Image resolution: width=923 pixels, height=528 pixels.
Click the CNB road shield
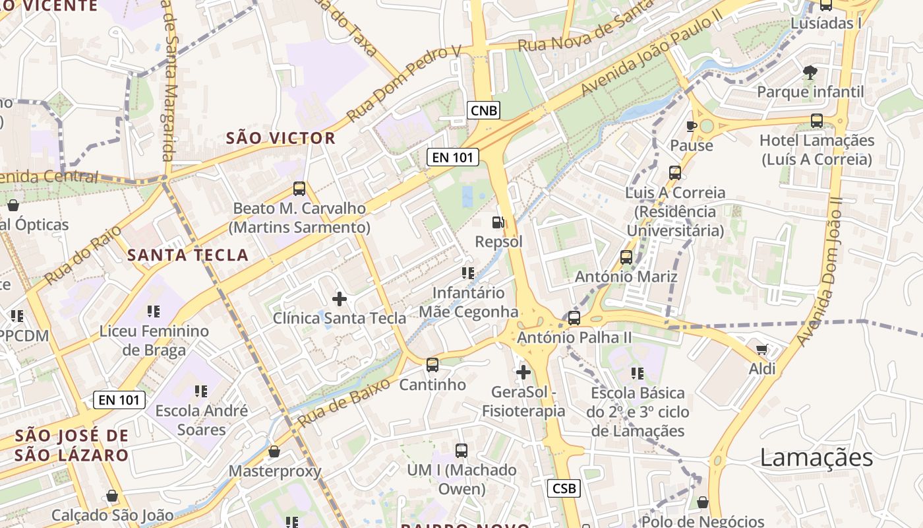(483, 110)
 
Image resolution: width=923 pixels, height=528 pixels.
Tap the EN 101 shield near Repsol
(452, 157)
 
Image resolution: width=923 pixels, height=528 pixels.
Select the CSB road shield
(564, 488)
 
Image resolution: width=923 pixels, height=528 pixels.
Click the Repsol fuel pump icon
(498, 223)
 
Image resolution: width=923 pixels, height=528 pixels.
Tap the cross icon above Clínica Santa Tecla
(340, 299)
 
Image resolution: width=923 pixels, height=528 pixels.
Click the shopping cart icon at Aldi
(762, 350)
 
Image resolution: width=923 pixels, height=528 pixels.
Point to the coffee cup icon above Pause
(692, 126)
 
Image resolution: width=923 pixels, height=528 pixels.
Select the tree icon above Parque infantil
(810, 72)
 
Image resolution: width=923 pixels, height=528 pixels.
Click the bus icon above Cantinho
(432, 365)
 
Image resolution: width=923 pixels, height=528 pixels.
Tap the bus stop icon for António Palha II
(574, 318)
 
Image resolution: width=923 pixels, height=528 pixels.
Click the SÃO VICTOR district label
(281, 139)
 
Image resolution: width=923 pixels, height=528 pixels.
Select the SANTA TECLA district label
(188, 255)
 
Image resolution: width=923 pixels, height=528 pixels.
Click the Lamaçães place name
(816, 457)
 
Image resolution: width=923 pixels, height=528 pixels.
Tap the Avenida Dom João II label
(819, 271)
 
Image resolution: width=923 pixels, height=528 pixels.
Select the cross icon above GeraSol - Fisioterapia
(523, 372)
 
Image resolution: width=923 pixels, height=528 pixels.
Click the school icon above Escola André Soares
(201, 391)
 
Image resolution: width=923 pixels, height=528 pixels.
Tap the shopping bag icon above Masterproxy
(274, 452)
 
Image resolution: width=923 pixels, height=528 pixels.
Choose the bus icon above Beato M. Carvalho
(299, 189)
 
